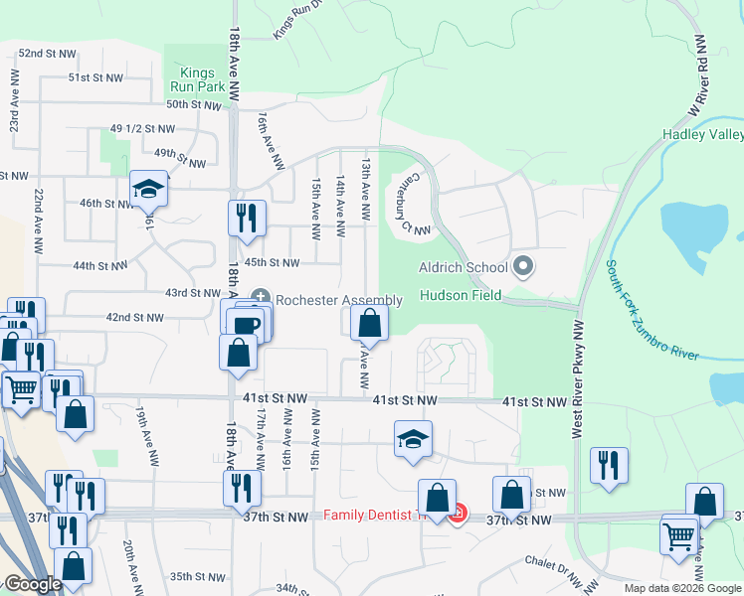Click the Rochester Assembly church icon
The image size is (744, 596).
[262, 295]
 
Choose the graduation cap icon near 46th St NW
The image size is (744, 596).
[149, 189]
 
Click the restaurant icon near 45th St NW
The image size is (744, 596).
[246, 218]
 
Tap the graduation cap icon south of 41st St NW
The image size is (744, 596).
[413, 439]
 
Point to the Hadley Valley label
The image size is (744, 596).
[703, 135]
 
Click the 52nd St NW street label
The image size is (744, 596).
[47, 53]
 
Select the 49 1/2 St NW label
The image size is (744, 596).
[142, 129]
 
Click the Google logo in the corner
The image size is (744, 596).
[32, 584]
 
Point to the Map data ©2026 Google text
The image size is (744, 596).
[682, 588]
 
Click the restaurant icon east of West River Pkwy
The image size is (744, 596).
[609, 465]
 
